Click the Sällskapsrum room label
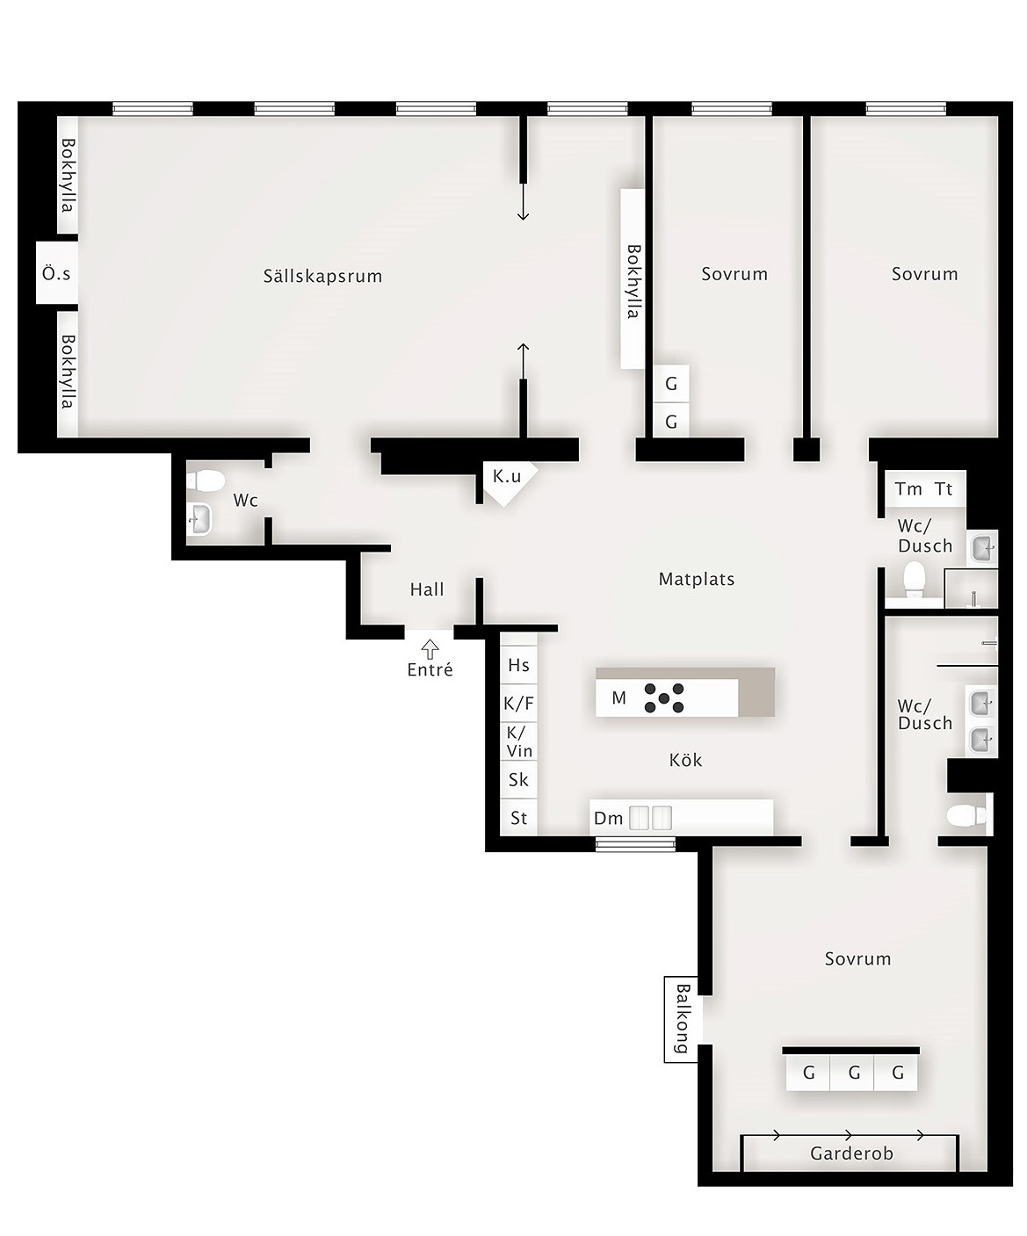322,276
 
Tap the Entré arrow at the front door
430,649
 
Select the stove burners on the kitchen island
663,698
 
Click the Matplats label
696,579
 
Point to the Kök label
685,760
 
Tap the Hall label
427,589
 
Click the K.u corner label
507,476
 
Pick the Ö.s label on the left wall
56,273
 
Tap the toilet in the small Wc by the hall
205,480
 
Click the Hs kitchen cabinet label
518,665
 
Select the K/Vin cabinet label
519,741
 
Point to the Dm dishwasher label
609,819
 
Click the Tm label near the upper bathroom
908,489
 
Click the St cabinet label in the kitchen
518,818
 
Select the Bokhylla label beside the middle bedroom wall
633,281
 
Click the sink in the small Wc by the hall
199,519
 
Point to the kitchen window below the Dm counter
635,844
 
